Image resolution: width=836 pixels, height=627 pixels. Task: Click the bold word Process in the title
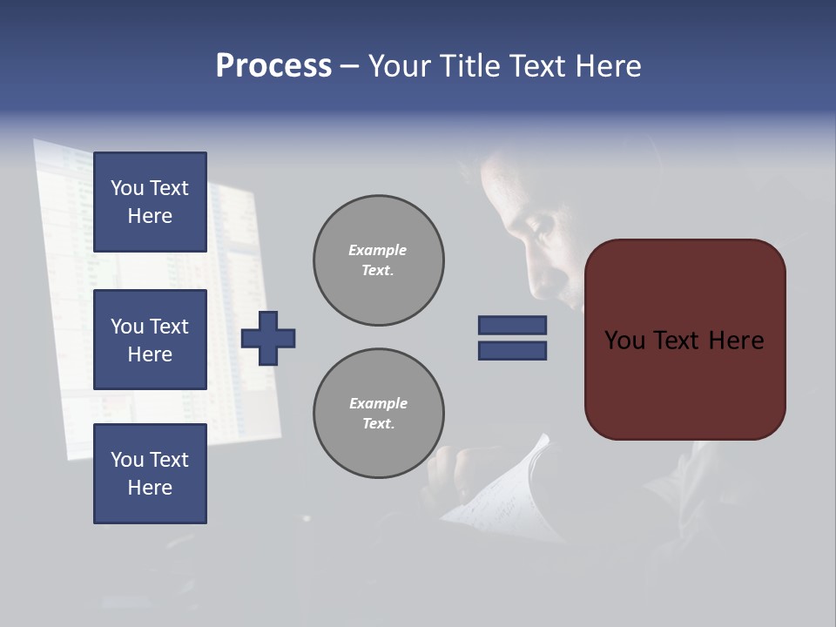click(273, 66)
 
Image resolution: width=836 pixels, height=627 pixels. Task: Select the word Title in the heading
click(470, 66)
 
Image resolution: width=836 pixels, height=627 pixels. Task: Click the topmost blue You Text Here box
click(150, 202)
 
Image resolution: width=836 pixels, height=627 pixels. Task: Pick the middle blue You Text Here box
click(150, 340)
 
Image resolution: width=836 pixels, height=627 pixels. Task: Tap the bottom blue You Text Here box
click(150, 473)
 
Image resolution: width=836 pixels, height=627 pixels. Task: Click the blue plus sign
click(268, 338)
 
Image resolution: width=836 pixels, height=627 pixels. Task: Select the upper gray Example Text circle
click(378, 260)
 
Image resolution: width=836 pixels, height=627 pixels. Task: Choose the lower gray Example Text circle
click(378, 414)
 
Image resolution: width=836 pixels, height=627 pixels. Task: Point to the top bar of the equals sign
click(512, 326)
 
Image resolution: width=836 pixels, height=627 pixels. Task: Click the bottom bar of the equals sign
click(512, 351)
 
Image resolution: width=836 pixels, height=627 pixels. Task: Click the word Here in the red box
click(736, 340)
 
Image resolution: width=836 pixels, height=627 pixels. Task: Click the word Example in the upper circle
click(378, 250)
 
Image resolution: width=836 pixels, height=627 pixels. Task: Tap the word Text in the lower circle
click(377, 423)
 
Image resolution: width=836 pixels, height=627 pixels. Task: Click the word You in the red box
click(624, 340)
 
